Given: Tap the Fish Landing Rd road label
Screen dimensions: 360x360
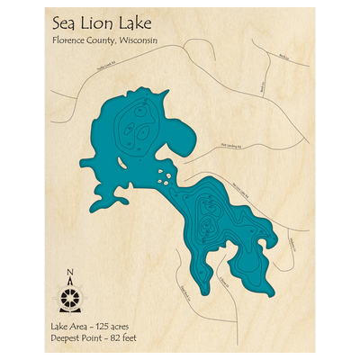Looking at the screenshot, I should [x=232, y=142].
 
